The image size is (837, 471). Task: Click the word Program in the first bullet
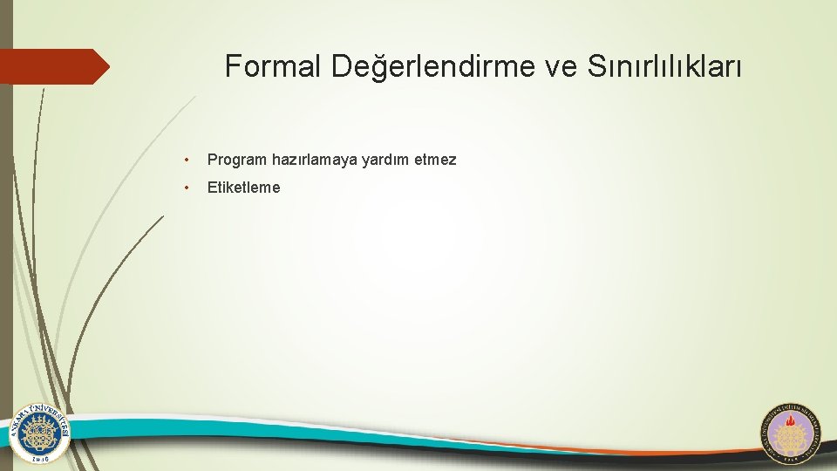(237, 160)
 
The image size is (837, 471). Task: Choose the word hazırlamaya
(310, 160)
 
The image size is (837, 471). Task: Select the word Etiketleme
(244, 188)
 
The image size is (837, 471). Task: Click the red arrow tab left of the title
(52, 66)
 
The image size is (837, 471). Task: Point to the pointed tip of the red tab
(107, 66)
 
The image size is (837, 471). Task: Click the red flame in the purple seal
(792, 431)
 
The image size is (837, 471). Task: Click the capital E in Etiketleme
(212, 188)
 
